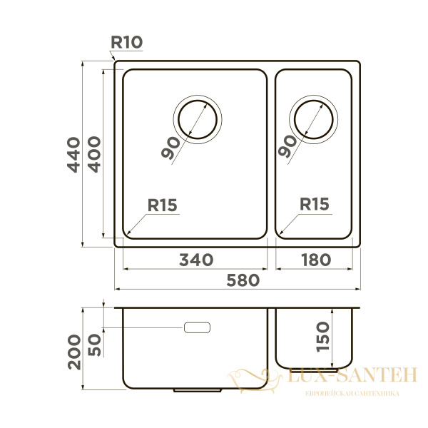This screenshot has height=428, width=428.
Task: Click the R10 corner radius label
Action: (127, 42)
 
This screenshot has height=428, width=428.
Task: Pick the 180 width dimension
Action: (315, 260)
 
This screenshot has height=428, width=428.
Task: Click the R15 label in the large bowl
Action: (162, 205)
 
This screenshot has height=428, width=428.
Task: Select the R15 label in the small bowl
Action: (314, 205)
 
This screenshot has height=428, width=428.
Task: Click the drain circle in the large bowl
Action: (198, 118)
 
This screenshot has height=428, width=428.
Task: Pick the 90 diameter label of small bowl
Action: (288, 146)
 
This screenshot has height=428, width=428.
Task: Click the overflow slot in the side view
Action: (198, 327)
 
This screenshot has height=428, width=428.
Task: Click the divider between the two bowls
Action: (271, 153)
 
